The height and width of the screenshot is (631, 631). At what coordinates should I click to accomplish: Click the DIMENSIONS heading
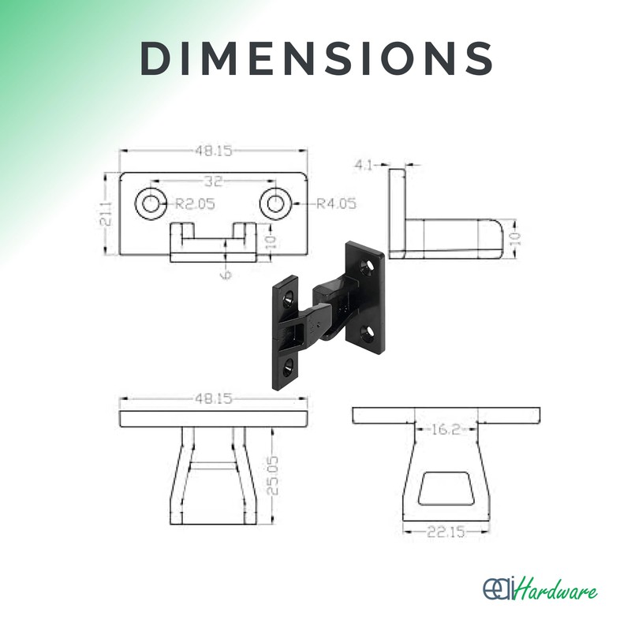[x=316, y=58]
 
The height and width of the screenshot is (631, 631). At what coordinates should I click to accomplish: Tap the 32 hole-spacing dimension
[x=213, y=181]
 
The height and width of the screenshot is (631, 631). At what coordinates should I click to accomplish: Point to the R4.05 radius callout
[x=337, y=203]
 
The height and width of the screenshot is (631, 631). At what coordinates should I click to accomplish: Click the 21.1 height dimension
[x=106, y=214]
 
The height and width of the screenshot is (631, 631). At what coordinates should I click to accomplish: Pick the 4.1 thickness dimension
[x=364, y=165]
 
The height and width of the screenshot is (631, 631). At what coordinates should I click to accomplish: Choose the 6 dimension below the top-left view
[x=226, y=274]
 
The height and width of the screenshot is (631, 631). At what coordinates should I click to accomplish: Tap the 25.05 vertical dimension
[x=272, y=476]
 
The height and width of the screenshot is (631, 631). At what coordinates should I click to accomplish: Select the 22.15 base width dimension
[x=446, y=532]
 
